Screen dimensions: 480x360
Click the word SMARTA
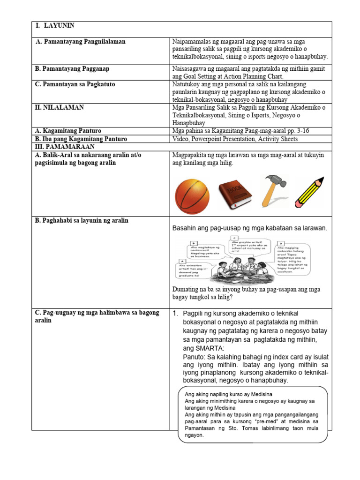(x=211, y=348)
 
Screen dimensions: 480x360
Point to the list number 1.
(x=175, y=313)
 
